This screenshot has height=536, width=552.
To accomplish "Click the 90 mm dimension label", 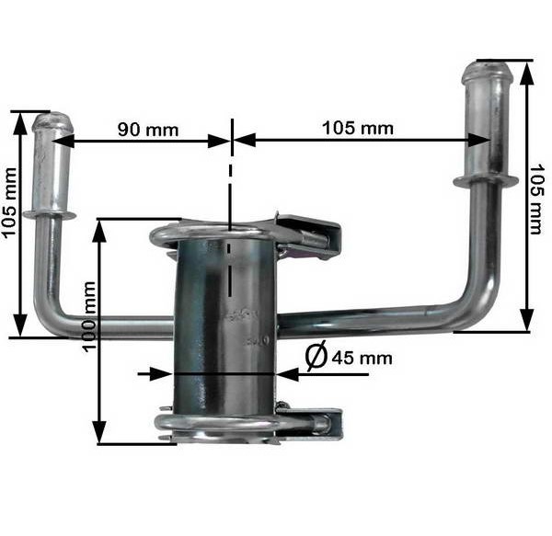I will point(148,129).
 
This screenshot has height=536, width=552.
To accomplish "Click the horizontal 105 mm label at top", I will point(357,128).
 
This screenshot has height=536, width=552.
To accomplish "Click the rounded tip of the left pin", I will point(52,120).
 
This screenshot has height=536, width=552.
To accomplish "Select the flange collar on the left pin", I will point(50,214).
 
